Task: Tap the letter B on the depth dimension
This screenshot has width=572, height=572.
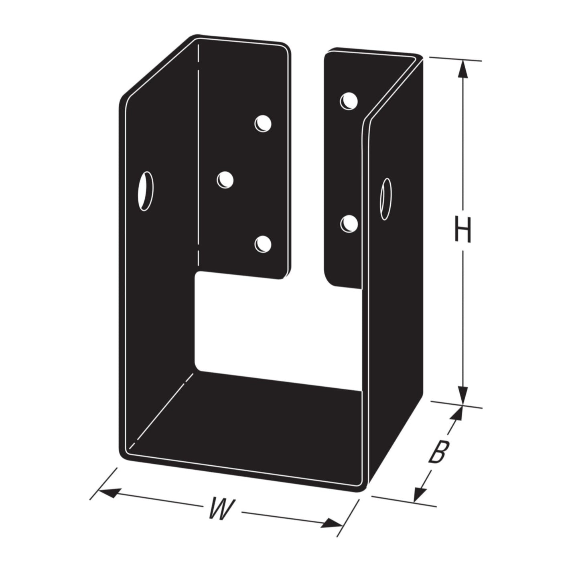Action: pos(436,452)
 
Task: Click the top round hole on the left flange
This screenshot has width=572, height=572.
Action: pos(263,123)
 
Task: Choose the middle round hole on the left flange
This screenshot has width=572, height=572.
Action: pos(225,179)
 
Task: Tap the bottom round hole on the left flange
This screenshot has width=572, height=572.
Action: pos(263,244)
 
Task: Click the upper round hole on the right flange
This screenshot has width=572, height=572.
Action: pos(349,101)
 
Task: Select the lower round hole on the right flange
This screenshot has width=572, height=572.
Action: pos(349,223)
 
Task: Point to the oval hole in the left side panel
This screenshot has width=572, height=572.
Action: pos(146,191)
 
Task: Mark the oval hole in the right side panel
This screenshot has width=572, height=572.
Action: pos(386,199)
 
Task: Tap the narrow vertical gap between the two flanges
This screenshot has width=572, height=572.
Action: pos(307,160)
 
